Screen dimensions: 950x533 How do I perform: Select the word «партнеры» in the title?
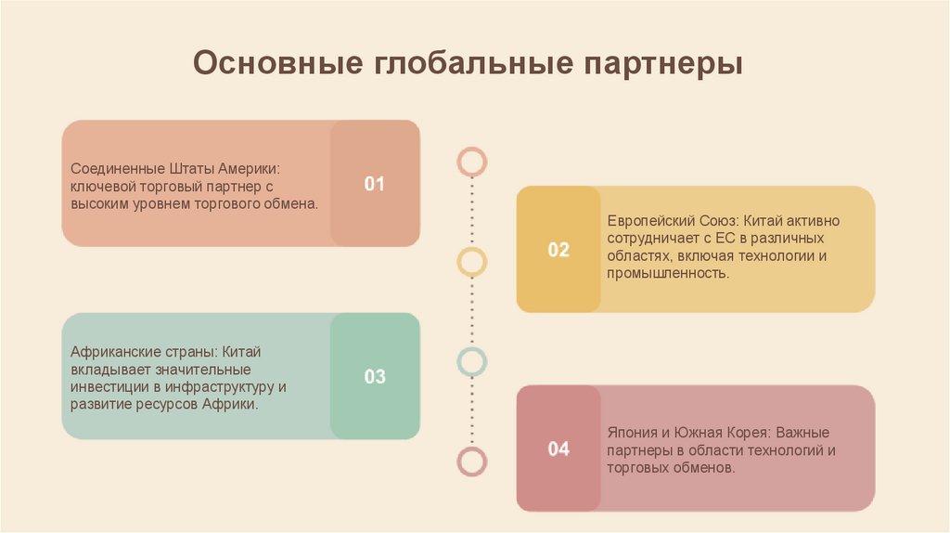663,65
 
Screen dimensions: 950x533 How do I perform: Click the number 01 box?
374,184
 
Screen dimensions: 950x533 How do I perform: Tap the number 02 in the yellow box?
558,250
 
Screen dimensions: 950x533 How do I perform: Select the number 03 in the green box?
374,377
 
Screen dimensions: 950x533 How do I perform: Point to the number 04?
558,450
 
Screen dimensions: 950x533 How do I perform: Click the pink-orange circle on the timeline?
472,162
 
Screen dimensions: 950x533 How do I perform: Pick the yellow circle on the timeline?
472,261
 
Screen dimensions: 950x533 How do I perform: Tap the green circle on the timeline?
472,360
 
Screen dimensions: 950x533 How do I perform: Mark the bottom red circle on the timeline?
472,461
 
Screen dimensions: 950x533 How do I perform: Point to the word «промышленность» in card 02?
668,274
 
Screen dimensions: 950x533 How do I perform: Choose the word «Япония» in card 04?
633,434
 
